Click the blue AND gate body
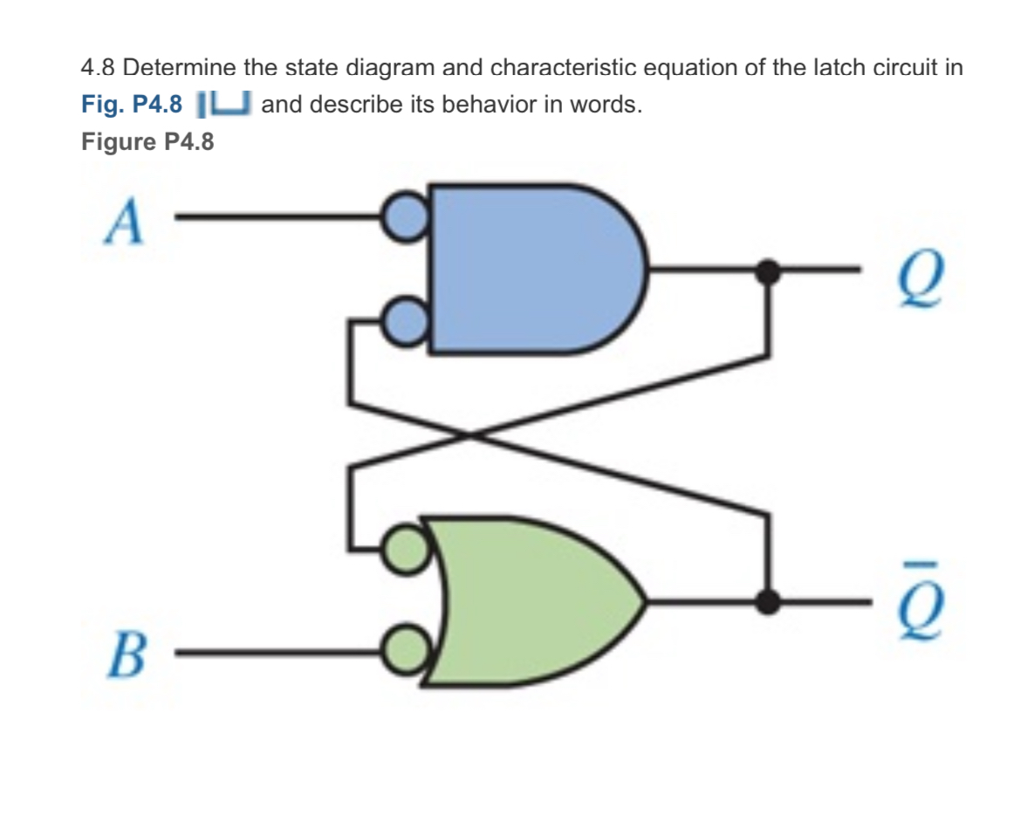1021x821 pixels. pos(524,268)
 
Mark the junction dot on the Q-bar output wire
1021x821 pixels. pos(767,601)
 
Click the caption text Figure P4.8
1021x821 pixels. pos(147,142)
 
